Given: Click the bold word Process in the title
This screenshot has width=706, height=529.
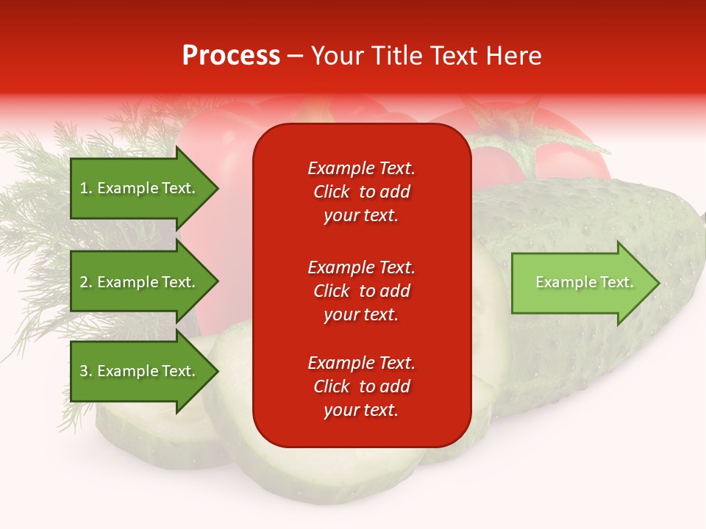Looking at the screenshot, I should click(x=231, y=56).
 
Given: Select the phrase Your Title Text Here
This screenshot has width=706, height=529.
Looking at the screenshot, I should click(x=426, y=56).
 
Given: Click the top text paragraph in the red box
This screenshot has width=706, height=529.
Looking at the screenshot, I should click(x=361, y=192).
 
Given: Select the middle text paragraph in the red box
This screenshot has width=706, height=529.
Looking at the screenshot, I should click(x=361, y=291).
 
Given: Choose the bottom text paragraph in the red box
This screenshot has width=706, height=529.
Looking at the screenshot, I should click(x=361, y=386).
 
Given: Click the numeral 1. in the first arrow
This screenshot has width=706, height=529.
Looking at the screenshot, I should click(x=86, y=188).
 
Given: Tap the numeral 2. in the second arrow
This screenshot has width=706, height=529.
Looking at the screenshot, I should click(x=86, y=282).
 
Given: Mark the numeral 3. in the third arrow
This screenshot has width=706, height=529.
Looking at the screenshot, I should click(x=86, y=371).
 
